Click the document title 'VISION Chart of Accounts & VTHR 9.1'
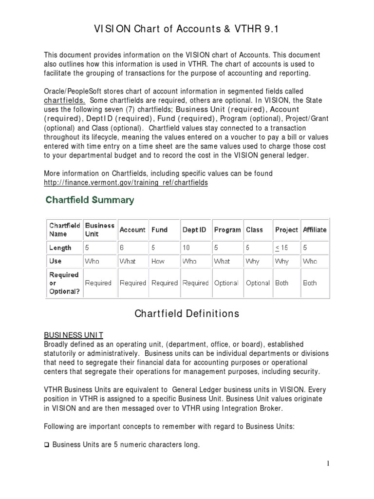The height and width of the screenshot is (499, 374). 187,30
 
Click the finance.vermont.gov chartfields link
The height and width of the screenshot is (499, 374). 126,182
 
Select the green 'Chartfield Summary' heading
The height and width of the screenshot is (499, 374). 90,200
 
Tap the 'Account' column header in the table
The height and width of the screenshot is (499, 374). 132,230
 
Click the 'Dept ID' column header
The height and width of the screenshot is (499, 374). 194,230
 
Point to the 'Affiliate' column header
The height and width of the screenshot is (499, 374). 314,230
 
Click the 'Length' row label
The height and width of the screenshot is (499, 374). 60,248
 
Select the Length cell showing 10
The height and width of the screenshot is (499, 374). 186,248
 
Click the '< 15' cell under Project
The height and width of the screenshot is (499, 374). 281,248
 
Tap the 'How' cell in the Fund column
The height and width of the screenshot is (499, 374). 158,261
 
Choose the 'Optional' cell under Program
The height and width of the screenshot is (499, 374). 226,283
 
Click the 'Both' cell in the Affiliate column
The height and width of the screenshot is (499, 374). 309,283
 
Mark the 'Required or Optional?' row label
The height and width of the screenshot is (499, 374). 64,283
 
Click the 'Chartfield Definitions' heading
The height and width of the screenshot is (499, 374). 187,314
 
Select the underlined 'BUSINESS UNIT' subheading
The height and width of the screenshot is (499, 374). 73,335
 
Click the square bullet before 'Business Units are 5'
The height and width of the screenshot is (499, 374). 47,444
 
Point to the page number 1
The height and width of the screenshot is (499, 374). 329,463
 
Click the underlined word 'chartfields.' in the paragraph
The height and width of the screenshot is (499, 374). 64,100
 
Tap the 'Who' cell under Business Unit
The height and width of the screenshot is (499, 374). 92,261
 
